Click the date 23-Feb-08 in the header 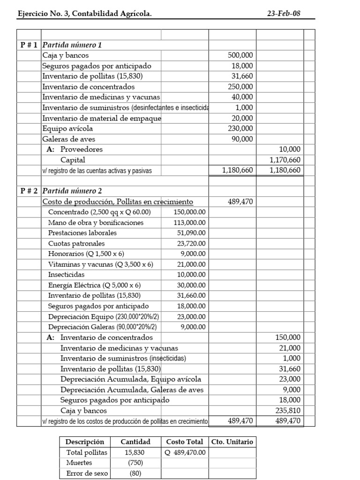point(284,14)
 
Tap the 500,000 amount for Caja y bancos point(240,55)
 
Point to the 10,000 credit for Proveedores point(290,149)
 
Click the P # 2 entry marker point(29,191)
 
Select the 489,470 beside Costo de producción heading point(240,202)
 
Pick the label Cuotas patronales point(76,243)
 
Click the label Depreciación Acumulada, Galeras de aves point(132,390)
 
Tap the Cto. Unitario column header point(232,442)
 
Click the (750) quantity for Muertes point(136,463)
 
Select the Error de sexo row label point(87,473)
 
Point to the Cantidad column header point(135,442)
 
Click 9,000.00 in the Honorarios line point(192,254)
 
